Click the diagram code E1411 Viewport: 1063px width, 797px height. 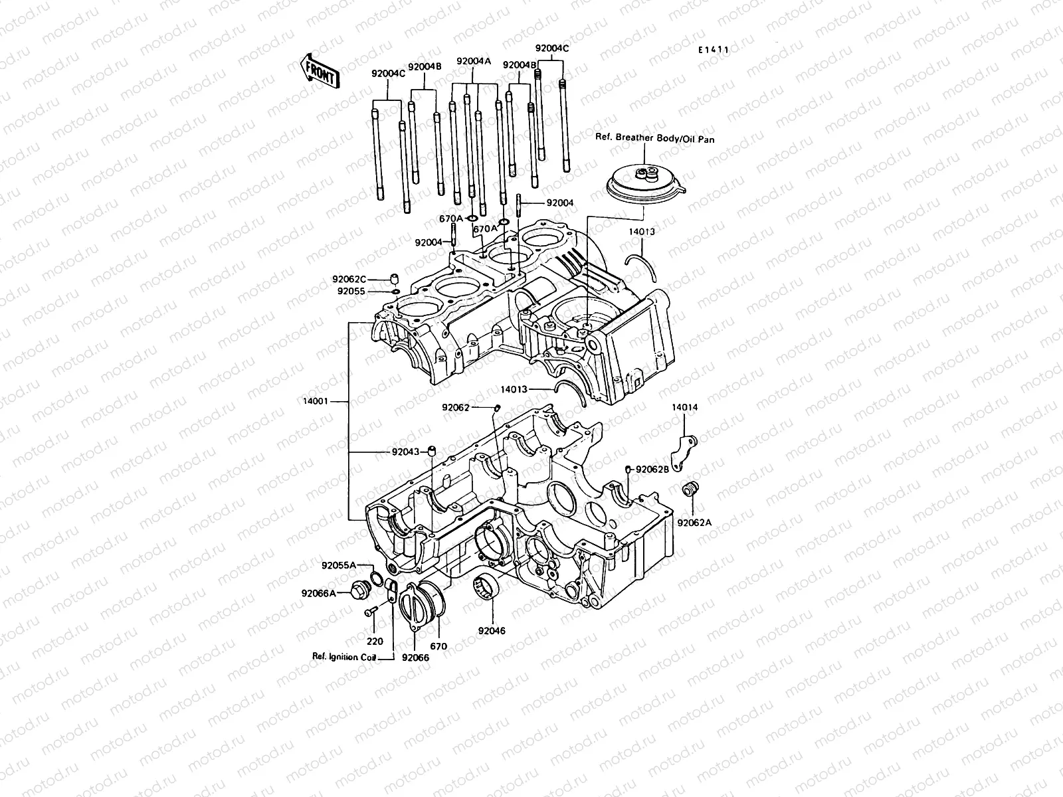(714, 50)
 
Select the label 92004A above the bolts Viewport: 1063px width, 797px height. (473, 62)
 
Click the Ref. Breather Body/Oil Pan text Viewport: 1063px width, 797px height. (655, 140)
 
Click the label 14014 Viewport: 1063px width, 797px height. (684, 407)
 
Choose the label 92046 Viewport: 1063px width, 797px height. (491, 630)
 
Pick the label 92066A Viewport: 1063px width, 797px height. (318, 592)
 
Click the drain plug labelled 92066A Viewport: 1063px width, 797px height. (362, 588)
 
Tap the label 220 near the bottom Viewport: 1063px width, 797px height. (375, 642)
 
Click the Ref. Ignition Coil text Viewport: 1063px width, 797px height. (344, 657)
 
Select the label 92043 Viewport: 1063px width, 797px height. (405, 452)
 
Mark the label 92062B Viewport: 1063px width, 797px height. (652, 470)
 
